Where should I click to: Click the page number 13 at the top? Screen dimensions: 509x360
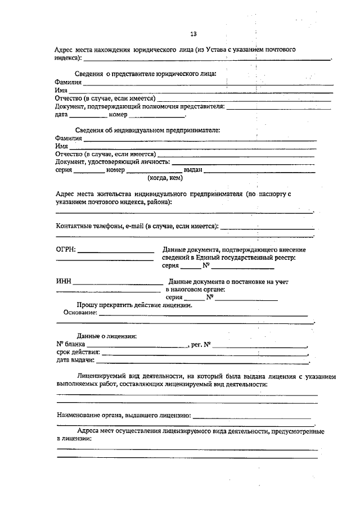tap(193, 34)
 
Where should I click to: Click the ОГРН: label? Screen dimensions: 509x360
tap(66, 249)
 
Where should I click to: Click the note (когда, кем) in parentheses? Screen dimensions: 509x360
tap(165, 177)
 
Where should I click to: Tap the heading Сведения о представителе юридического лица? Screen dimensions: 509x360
tap(145, 74)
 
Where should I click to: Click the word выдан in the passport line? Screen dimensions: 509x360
tap(193, 169)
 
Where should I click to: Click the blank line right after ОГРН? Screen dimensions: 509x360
tap(115, 251)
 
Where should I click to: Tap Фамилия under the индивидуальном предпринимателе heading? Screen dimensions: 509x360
tap(68, 138)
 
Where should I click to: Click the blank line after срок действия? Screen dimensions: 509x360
tap(205, 354)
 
